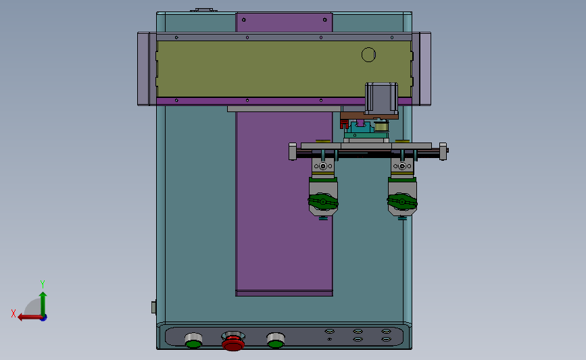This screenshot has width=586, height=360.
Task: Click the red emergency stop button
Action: pyautogui.click(x=233, y=341)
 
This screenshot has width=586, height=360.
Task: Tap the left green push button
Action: pyautogui.click(x=193, y=340)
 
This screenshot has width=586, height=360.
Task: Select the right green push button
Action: pyautogui.click(x=276, y=340)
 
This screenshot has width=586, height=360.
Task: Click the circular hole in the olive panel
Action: pyautogui.click(x=368, y=55)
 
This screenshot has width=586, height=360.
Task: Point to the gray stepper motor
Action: pyautogui.click(x=381, y=98)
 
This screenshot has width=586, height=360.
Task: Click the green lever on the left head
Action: pyautogui.click(x=323, y=202)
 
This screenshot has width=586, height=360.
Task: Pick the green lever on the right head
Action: pyautogui.click(x=402, y=202)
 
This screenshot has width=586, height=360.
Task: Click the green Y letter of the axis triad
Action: pyautogui.click(x=43, y=284)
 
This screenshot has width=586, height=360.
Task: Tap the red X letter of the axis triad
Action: pyautogui.click(x=14, y=313)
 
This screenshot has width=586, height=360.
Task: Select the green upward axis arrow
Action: pyautogui.click(x=43, y=304)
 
